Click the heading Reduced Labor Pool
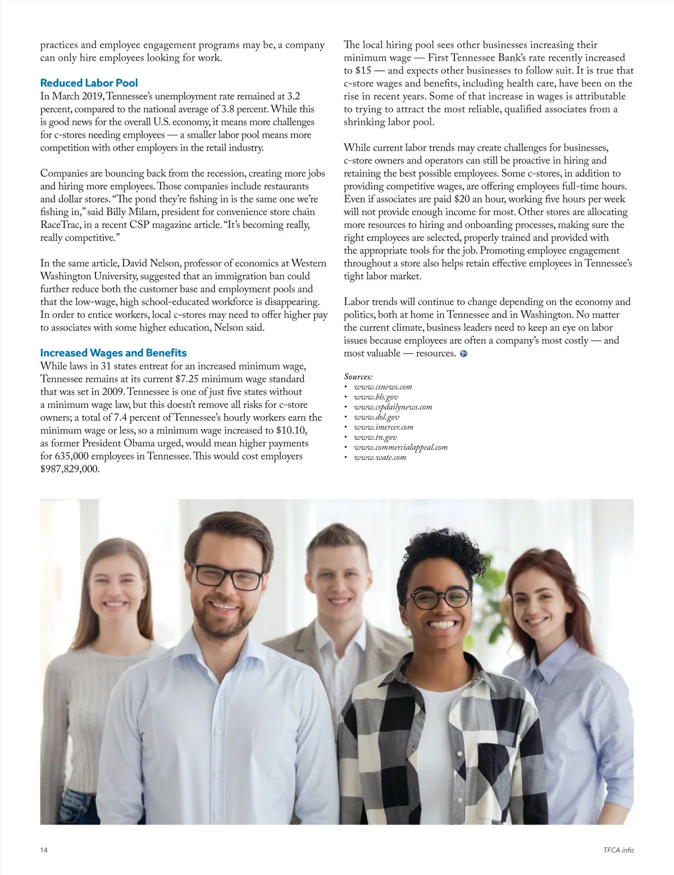(89, 83)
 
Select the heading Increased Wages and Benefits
(113, 353)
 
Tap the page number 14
(44, 850)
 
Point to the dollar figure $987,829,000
(70, 469)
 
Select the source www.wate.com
(380, 458)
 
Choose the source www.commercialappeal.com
(400, 448)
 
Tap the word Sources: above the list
(358, 377)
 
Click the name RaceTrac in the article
(59, 225)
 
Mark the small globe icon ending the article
(463, 354)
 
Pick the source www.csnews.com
(382, 387)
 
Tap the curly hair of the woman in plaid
(449, 553)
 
